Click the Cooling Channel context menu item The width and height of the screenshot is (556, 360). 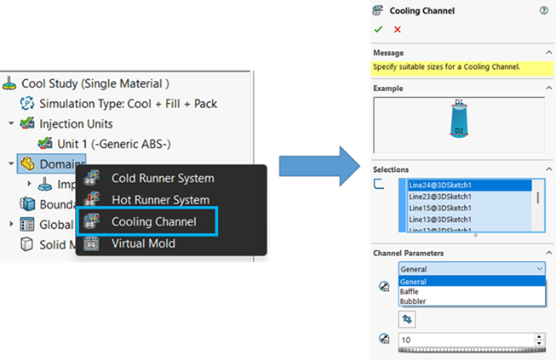pos(153,221)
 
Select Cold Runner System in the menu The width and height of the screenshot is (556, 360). pos(162,178)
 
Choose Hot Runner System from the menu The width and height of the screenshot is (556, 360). pos(160,200)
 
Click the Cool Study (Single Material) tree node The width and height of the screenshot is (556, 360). pos(95,83)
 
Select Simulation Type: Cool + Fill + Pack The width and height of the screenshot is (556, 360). pos(128,104)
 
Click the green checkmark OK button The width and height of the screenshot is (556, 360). pos(378,29)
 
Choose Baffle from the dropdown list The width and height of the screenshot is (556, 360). pos(410,291)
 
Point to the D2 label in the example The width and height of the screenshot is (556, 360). pos(459,130)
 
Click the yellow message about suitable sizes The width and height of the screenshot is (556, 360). pos(447,66)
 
